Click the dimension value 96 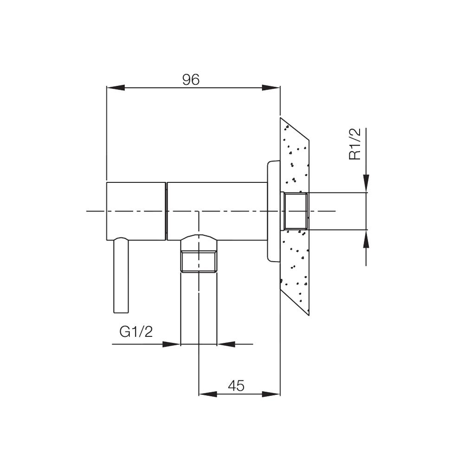(191, 80)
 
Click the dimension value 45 (236, 386)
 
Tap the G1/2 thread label (135, 332)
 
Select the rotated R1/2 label (355, 145)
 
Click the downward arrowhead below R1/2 (366, 183)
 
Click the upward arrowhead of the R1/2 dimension (366, 238)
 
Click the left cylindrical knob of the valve (136, 211)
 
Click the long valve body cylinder (217, 211)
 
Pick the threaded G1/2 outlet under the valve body (199, 262)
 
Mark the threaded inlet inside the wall (296, 211)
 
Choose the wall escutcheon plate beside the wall (274, 211)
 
